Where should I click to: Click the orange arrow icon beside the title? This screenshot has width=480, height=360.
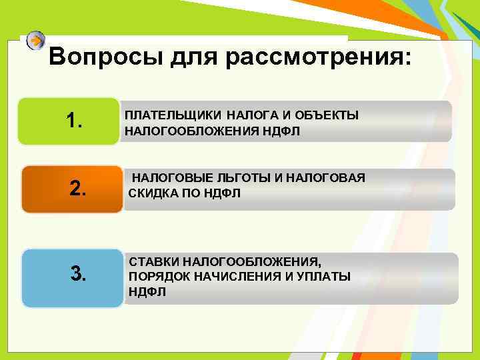tap(35, 41)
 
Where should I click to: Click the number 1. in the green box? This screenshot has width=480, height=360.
tap(75, 121)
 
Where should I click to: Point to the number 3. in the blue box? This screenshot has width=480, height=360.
tap(79, 273)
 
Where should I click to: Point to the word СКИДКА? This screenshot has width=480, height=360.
tap(148, 193)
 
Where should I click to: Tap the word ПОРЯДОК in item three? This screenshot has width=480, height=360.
tap(153, 277)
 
